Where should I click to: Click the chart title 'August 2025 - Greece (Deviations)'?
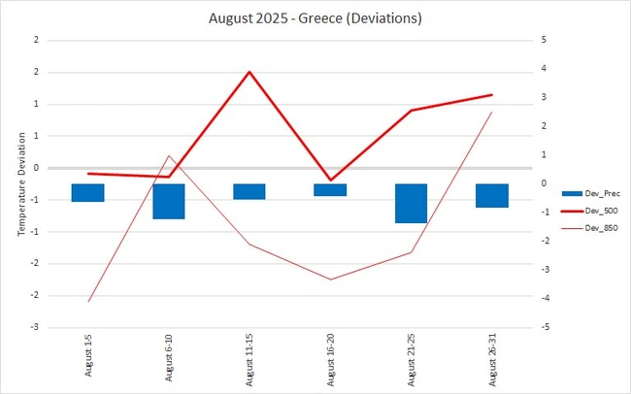[315, 17]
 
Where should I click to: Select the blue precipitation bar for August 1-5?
[88, 192]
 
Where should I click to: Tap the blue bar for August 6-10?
[169, 201]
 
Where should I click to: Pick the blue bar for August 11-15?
[249, 191]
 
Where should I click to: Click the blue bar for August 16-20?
[330, 189]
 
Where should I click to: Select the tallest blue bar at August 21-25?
[411, 203]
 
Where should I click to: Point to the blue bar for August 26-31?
[491, 195]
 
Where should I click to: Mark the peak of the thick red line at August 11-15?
[249, 72]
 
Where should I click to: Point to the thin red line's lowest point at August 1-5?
[88, 301]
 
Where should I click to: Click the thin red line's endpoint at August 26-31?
[491, 113]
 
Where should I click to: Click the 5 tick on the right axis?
[531, 40]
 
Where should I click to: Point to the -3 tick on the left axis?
[35, 327]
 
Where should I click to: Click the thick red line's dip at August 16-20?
[330, 180]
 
